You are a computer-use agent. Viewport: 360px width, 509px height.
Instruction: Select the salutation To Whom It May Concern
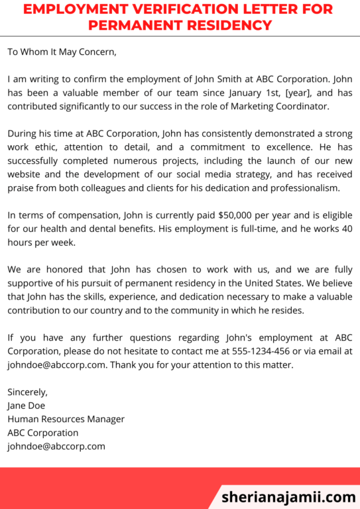coord(62,51)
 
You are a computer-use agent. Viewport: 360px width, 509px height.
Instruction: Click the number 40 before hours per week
coord(345,229)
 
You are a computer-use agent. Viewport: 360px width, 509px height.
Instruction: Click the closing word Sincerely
coord(27,392)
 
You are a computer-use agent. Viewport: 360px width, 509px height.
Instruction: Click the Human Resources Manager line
coord(66,419)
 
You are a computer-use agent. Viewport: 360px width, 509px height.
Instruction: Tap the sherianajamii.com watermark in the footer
coord(288,496)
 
